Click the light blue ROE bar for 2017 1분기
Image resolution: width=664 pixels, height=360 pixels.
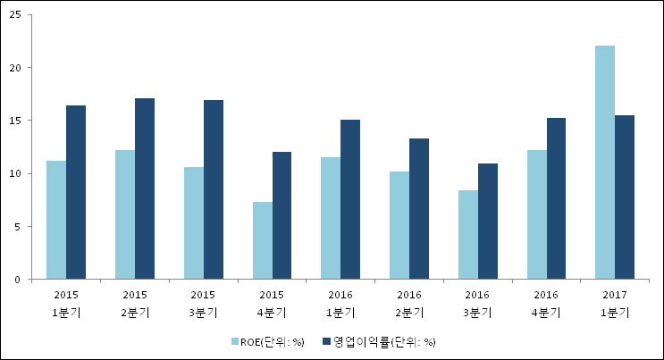click(605, 163)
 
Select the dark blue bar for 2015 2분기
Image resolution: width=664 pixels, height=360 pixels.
click(145, 188)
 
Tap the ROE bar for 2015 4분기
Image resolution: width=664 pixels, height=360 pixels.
click(263, 240)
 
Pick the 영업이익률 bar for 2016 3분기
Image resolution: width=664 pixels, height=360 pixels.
click(488, 222)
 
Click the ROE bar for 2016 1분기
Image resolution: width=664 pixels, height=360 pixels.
click(331, 218)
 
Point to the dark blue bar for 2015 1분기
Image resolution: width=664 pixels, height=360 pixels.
click(76, 192)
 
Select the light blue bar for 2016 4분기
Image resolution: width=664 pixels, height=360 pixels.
click(537, 214)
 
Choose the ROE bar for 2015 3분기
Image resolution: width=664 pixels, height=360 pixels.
click(194, 223)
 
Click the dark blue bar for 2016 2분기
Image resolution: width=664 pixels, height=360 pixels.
click(419, 209)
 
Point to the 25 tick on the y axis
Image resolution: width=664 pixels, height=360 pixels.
click(16, 15)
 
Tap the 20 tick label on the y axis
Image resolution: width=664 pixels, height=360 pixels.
click(16, 68)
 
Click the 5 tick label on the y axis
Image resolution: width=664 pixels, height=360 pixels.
click(19, 227)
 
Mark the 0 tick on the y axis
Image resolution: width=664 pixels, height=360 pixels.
click(19, 280)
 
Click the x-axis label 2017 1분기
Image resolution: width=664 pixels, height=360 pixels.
click(615, 303)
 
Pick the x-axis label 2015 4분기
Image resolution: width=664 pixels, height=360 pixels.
click(272, 303)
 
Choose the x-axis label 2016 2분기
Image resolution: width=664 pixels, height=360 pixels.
click(409, 303)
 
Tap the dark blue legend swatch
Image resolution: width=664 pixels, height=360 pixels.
click(328, 341)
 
